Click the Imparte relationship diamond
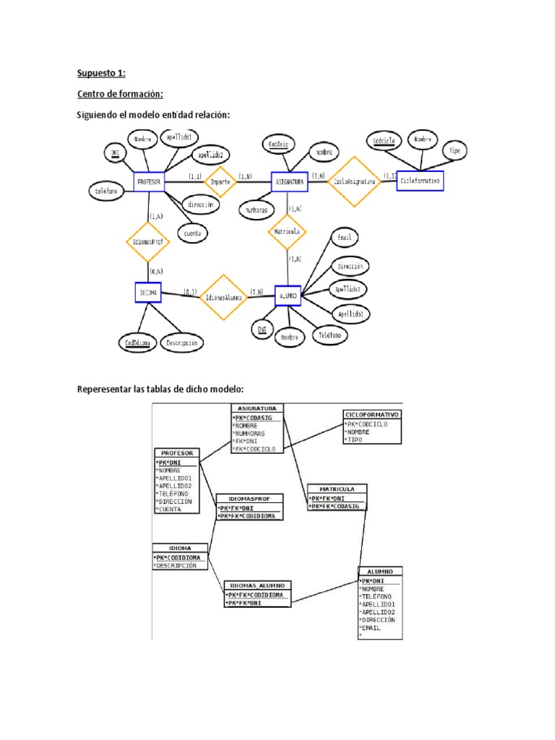click(x=220, y=182)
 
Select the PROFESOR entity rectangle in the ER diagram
click(x=149, y=182)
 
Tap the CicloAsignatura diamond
click(x=354, y=182)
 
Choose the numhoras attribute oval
click(x=256, y=210)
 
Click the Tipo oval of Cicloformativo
click(x=454, y=151)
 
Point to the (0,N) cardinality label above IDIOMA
click(x=155, y=271)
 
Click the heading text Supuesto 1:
click(x=101, y=73)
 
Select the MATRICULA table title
click(x=337, y=489)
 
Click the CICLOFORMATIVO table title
click(x=371, y=415)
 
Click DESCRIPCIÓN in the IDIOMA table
click(x=176, y=566)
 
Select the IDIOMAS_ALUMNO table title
click(x=258, y=585)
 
